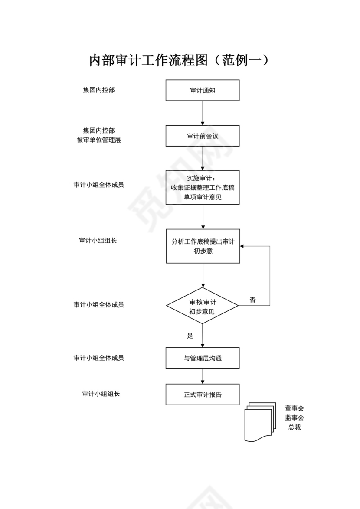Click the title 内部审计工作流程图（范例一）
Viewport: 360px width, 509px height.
180,60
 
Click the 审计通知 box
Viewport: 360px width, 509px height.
203,90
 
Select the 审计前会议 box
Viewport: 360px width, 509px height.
203,136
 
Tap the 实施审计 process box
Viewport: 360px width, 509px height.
203,187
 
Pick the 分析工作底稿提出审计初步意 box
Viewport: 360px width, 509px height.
203,246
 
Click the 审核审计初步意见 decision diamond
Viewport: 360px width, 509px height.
203,306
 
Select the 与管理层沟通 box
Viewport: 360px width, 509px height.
203,358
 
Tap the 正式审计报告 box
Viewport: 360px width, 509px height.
203,395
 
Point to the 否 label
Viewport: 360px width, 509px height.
253,300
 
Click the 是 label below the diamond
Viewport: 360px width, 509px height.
190,336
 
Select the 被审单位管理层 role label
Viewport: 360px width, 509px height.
99,140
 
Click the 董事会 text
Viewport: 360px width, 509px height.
295,408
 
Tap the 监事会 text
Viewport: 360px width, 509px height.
295,418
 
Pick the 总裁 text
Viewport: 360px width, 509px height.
295,427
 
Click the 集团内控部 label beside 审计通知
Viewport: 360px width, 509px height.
99,90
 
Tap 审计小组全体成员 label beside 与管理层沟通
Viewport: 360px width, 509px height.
99,358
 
